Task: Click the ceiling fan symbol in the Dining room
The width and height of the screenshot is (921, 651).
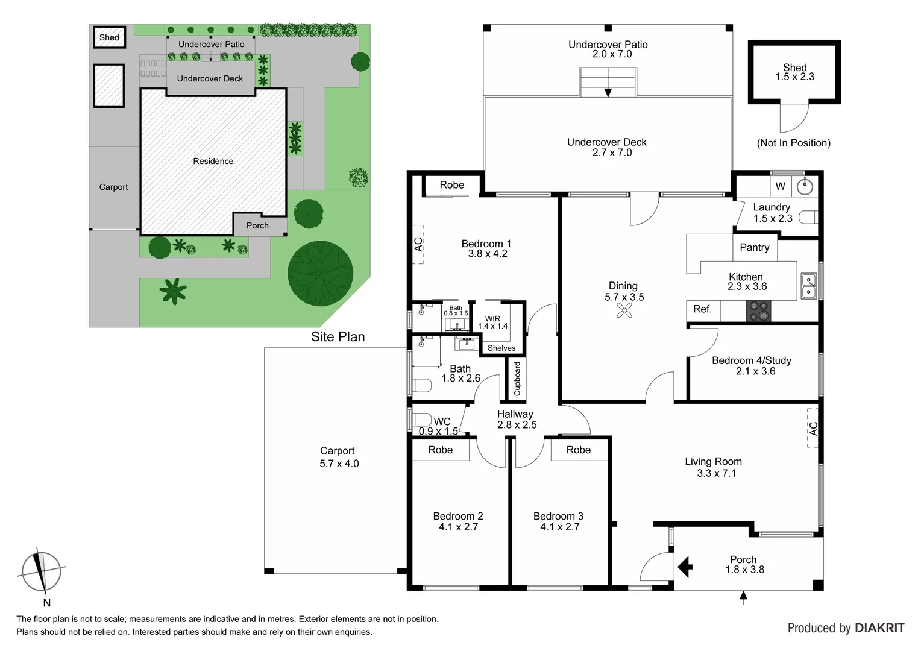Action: point(624,310)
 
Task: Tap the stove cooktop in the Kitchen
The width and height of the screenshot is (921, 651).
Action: point(758,310)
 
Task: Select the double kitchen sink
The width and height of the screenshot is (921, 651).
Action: point(808,286)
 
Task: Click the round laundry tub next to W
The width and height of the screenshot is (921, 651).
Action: point(805,186)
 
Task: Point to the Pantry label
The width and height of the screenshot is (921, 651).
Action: point(754,247)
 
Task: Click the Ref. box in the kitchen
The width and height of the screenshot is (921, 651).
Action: point(702,309)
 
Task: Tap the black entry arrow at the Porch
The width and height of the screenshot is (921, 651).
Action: point(685,567)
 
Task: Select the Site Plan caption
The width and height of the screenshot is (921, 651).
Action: point(338,337)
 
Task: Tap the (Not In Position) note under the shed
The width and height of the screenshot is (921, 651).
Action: point(793,143)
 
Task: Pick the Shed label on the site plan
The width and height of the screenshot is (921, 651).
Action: point(109,37)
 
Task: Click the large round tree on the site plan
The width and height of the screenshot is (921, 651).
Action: point(320,273)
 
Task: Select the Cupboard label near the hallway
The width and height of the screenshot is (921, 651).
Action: point(517,379)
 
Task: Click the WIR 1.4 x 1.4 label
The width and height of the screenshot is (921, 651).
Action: point(492,322)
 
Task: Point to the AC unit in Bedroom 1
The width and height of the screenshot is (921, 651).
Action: point(418,244)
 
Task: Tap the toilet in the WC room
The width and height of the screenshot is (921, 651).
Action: point(421,420)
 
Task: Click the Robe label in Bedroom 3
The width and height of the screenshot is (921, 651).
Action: point(578,450)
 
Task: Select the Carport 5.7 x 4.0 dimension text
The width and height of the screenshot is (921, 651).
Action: point(339,464)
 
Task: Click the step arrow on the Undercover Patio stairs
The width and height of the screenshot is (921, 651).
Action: point(608,92)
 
